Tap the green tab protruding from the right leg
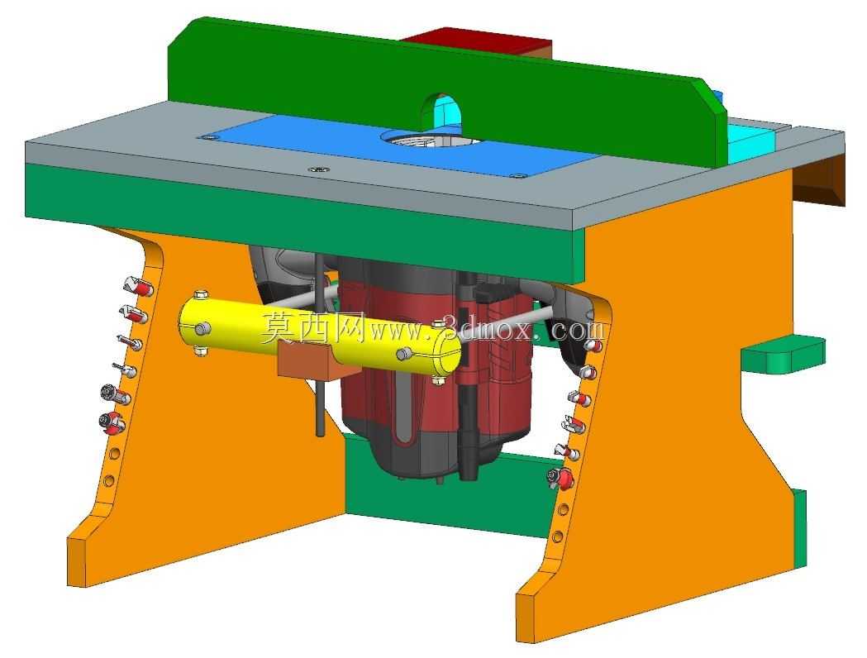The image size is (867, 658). point(783,355)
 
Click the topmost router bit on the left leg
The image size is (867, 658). point(138,287)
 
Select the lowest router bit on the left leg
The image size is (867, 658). point(112,424)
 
